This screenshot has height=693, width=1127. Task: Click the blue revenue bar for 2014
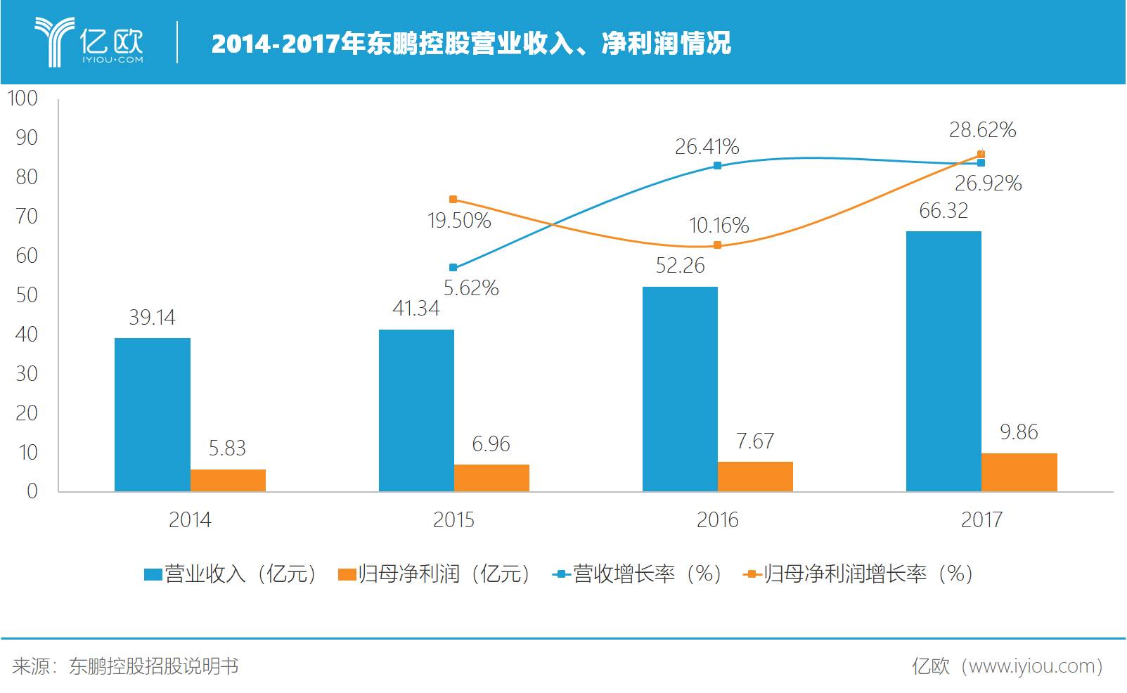click(x=152, y=415)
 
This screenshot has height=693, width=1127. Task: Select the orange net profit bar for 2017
click(x=1019, y=472)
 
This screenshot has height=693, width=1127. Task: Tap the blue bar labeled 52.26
click(x=680, y=389)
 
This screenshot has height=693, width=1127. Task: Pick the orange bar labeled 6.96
click(x=491, y=478)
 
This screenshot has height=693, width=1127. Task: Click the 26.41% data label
click(x=707, y=147)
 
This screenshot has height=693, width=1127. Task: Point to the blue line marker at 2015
click(x=453, y=268)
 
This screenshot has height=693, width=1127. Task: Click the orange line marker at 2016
click(x=717, y=245)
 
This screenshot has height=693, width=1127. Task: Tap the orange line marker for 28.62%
click(x=981, y=155)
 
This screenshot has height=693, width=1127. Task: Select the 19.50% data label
click(x=459, y=221)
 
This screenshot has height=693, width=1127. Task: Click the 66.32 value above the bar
click(x=944, y=211)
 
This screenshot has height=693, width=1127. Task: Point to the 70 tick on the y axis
click(x=27, y=216)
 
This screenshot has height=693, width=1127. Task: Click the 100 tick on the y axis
click(x=22, y=98)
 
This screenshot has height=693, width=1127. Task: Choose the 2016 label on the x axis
click(x=717, y=520)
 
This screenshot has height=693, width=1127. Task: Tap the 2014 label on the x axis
click(x=190, y=520)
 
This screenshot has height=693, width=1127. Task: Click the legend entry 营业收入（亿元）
click(x=232, y=574)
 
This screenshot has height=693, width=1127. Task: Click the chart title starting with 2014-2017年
click(x=471, y=44)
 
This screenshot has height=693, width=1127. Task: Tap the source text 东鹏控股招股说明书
click(x=153, y=666)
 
